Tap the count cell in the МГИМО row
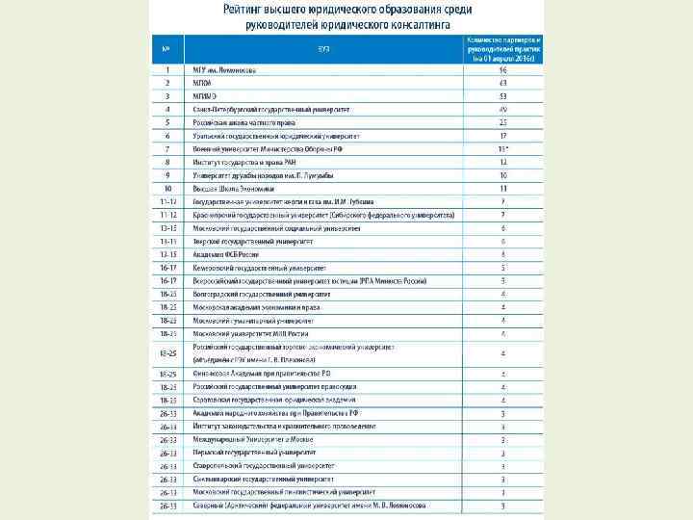[x=502, y=96]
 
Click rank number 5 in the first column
[x=167, y=123]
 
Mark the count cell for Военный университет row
[x=502, y=149]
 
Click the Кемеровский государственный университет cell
[x=260, y=268]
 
